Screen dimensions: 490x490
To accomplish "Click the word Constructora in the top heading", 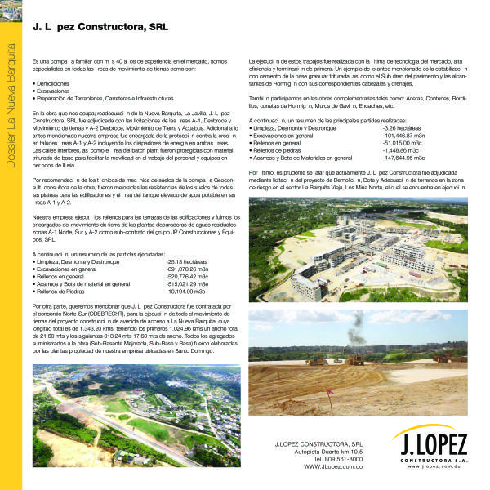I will point(114,27).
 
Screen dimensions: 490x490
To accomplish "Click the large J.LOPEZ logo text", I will point(429,445).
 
